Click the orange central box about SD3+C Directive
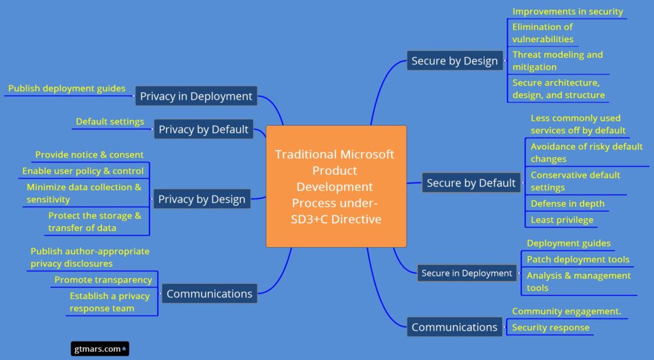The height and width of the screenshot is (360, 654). point(336,186)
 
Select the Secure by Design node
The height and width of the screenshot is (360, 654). point(454,61)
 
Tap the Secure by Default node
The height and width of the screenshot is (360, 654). point(471,183)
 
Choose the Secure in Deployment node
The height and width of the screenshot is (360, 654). point(466,273)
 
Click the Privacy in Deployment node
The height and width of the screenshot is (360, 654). point(196,96)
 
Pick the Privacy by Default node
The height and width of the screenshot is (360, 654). point(203,130)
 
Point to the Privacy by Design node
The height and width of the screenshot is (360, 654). point(201,199)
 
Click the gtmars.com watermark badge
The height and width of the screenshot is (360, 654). point(99,349)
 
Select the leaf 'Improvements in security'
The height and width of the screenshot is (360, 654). point(567,11)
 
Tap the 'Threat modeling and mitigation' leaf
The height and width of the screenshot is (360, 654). point(557,61)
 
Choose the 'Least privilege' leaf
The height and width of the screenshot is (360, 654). point(561,220)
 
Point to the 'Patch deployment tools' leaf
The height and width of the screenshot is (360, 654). point(577,259)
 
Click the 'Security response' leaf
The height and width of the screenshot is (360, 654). point(551,327)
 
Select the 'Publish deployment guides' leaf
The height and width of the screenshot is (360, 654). point(66,89)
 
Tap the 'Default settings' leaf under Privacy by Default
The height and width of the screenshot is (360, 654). point(110,121)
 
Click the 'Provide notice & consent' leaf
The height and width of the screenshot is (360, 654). point(89,154)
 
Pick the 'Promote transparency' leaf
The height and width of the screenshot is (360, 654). point(103,280)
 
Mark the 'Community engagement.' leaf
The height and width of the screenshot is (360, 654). point(566,311)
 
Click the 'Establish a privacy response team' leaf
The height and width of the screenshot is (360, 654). point(109,302)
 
